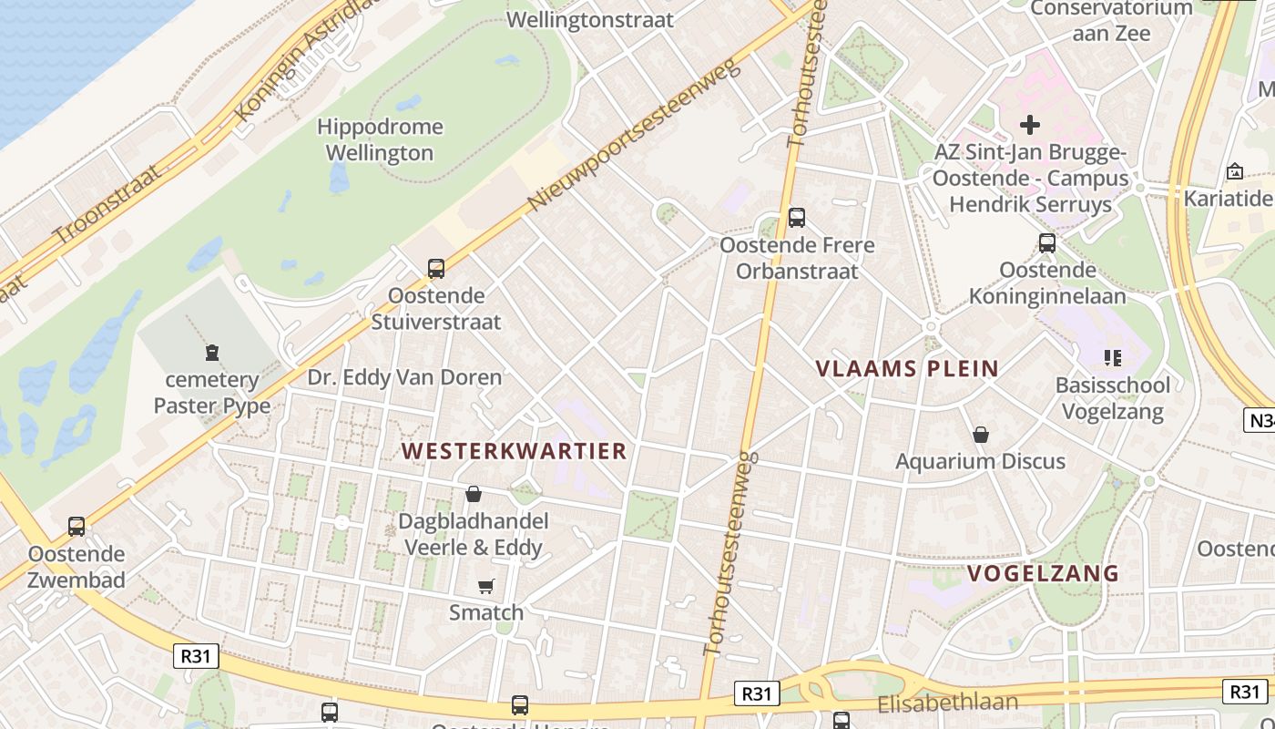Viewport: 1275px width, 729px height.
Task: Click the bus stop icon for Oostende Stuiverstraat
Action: [x=436, y=269]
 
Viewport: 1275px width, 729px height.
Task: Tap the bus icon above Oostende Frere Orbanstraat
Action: [x=797, y=218]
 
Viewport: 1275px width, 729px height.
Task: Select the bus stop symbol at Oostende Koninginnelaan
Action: [x=1047, y=243]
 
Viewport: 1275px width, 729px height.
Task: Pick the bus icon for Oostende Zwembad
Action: [x=76, y=527]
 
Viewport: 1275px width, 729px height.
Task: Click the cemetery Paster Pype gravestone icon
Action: [x=212, y=352]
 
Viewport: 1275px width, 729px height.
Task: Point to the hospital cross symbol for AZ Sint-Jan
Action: [x=1030, y=124]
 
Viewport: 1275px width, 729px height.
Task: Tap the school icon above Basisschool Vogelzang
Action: [x=1111, y=358]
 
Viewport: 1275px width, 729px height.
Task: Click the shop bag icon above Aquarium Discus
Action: [x=981, y=435]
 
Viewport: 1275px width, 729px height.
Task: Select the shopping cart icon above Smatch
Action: [x=486, y=586]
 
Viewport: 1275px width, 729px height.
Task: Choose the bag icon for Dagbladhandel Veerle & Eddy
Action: [x=474, y=495]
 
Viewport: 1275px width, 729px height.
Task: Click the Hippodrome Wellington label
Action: [x=380, y=139]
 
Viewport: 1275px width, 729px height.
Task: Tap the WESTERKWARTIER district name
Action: [x=515, y=451]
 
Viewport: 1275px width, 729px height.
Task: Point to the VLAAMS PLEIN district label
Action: [x=907, y=369]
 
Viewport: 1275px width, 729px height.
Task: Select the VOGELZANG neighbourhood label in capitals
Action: [x=1043, y=573]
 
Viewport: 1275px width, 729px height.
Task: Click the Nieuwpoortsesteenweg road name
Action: [x=635, y=138]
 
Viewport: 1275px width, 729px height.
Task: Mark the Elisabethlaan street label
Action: [x=947, y=703]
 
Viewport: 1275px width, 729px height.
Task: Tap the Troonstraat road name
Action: [x=107, y=205]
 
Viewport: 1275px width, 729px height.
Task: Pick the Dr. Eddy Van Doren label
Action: [x=404, y=377]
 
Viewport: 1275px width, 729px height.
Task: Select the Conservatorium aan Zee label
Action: [x=1111, y=20]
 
